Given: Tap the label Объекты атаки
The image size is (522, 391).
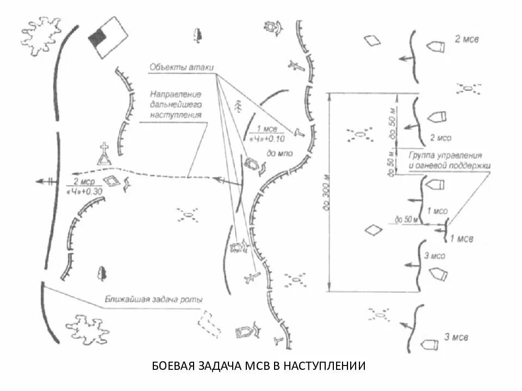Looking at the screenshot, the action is coord(181,68).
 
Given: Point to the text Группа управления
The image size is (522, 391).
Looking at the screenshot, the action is coord(442,155).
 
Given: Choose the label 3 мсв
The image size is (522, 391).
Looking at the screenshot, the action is coord(456,337).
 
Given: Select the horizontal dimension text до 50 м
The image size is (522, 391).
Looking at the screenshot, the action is coord(407,220).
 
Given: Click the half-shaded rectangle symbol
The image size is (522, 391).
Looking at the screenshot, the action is coord(108,36).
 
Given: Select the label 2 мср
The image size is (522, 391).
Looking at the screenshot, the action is coord(84,181).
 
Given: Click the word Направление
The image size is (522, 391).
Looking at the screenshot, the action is coord(176,94).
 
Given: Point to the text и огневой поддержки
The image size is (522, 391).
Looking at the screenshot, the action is coord(449,165).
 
